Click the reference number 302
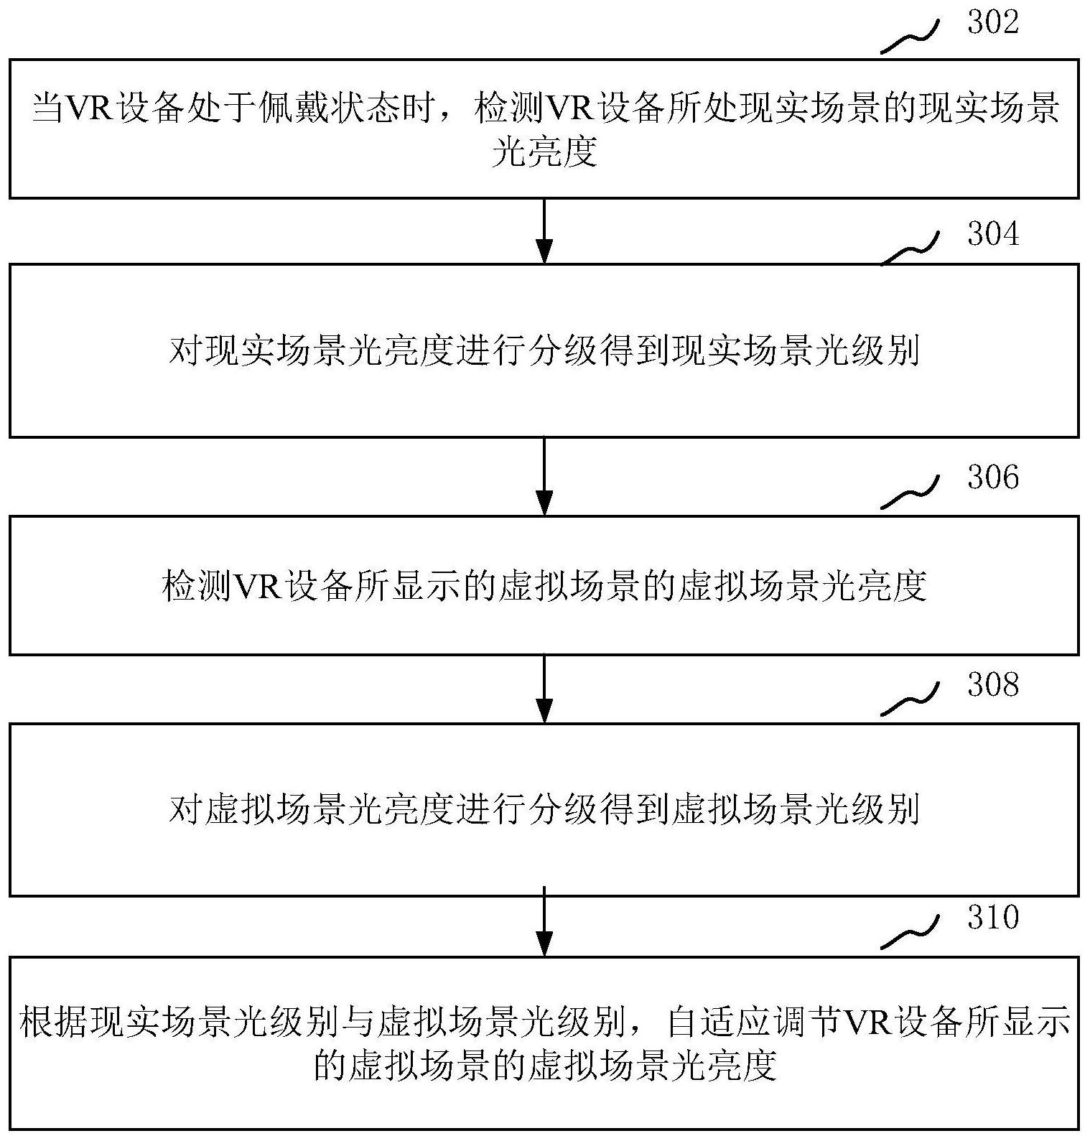click(x=993, y=23)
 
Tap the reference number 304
click(x=993, y=235)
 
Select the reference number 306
click(x=993, y=478)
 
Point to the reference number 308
click(x=993, y=685)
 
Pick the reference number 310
click(x=993, y=918)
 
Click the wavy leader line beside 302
click(x=910, y=37)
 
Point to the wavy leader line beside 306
click(x=910, y=493)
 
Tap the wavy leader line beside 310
click(x=910, y=933)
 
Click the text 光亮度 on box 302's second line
click(x=544, y=152)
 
